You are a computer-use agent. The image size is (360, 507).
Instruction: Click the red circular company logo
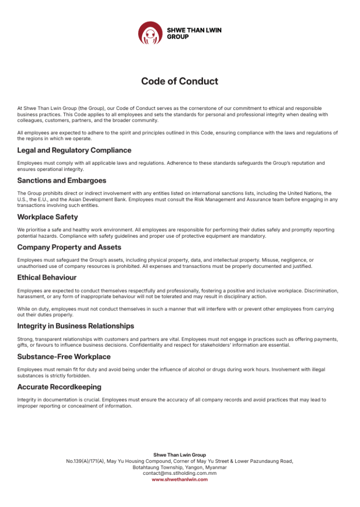tap(150, 33)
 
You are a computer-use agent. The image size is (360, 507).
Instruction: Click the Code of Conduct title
tap(180, 81)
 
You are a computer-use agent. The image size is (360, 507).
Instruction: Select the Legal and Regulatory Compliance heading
tap(74, 150)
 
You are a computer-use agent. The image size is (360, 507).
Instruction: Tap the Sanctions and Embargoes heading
tap(62, 180)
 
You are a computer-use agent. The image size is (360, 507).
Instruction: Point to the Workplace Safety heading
tap(48, 217)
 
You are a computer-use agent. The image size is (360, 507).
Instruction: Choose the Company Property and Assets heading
tap(69, 247)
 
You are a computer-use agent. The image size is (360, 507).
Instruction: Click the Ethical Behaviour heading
tap(47, 277)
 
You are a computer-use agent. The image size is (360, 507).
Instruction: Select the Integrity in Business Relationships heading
tap(76, 326)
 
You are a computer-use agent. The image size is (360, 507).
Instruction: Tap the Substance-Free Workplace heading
tap(64, 356)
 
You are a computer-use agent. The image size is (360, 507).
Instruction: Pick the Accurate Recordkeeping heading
tap(59, 387)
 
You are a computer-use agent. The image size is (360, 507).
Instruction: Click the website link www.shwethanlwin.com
tap(180, 479)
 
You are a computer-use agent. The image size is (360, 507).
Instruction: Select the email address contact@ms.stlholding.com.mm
tap(180, 473)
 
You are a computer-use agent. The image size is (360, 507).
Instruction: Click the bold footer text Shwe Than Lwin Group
tap(180, 455)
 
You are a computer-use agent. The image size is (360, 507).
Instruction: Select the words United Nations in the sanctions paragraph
tap(306, 193)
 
